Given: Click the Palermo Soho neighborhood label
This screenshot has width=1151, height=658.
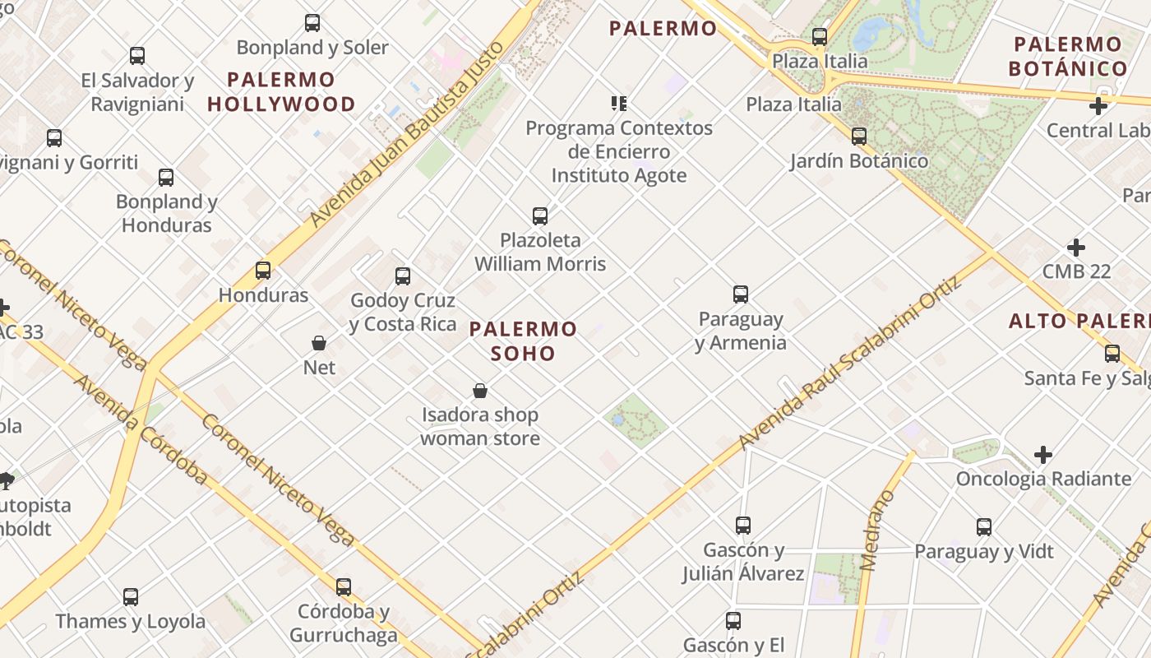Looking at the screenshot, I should (x=523, y=341).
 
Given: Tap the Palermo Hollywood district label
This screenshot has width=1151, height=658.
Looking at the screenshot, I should (x=281, y=92).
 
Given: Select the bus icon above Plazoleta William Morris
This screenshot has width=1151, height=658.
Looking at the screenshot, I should (x=540, y=216).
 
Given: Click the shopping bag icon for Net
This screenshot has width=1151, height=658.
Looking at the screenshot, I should (x=319, y=343).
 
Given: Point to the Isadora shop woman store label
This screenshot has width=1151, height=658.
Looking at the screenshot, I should (x=480, y=426).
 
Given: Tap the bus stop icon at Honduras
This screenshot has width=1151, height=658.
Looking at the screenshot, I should (x=263, y=271).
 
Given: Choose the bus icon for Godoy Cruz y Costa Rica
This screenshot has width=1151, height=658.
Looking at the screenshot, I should (x=403, y=276).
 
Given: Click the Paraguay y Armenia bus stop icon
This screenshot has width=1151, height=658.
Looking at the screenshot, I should (x=741, y=294).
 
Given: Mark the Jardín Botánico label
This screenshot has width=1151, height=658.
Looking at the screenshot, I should (x=859, y=160).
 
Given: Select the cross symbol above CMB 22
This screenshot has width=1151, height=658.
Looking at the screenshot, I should (x=1075, y=248).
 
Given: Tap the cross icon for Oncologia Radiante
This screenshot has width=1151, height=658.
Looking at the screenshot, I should (x=1043, y=455).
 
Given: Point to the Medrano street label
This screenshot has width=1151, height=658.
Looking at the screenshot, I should (x=876, y=531).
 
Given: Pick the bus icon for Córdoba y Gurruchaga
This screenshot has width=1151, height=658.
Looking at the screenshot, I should (x=344, y=587).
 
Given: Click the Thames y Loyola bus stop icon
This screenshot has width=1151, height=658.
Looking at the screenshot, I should (x=131, y=597).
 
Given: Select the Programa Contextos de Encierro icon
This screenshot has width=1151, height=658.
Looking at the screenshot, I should (x=619, y=104).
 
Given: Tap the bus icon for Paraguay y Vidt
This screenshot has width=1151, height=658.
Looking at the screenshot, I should (x=984, y=527).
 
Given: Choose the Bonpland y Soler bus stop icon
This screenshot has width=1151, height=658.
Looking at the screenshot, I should (x=312, y=23).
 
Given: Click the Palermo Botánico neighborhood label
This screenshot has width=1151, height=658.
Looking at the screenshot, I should (x=1068, y=56).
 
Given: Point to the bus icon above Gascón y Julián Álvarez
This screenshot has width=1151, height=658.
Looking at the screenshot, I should (x=743, y=525).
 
